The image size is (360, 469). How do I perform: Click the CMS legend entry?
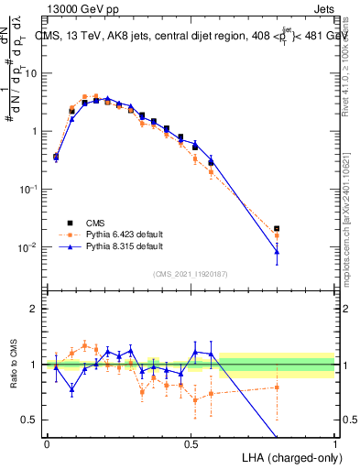[x=94, y=223]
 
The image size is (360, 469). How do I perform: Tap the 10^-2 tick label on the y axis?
[x=29, y=247]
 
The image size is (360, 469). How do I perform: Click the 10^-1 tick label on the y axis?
[x=29, y=189]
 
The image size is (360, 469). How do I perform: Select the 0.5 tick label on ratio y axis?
[x=29, y=420]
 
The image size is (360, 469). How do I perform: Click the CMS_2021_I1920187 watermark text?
[x=191, y=274]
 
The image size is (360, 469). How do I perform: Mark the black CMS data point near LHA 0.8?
[x=277, y=228]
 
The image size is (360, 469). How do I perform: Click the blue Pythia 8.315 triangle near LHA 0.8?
[x=277, y=251]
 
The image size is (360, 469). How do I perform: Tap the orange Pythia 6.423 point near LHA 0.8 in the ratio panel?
[x=277, y=387]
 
